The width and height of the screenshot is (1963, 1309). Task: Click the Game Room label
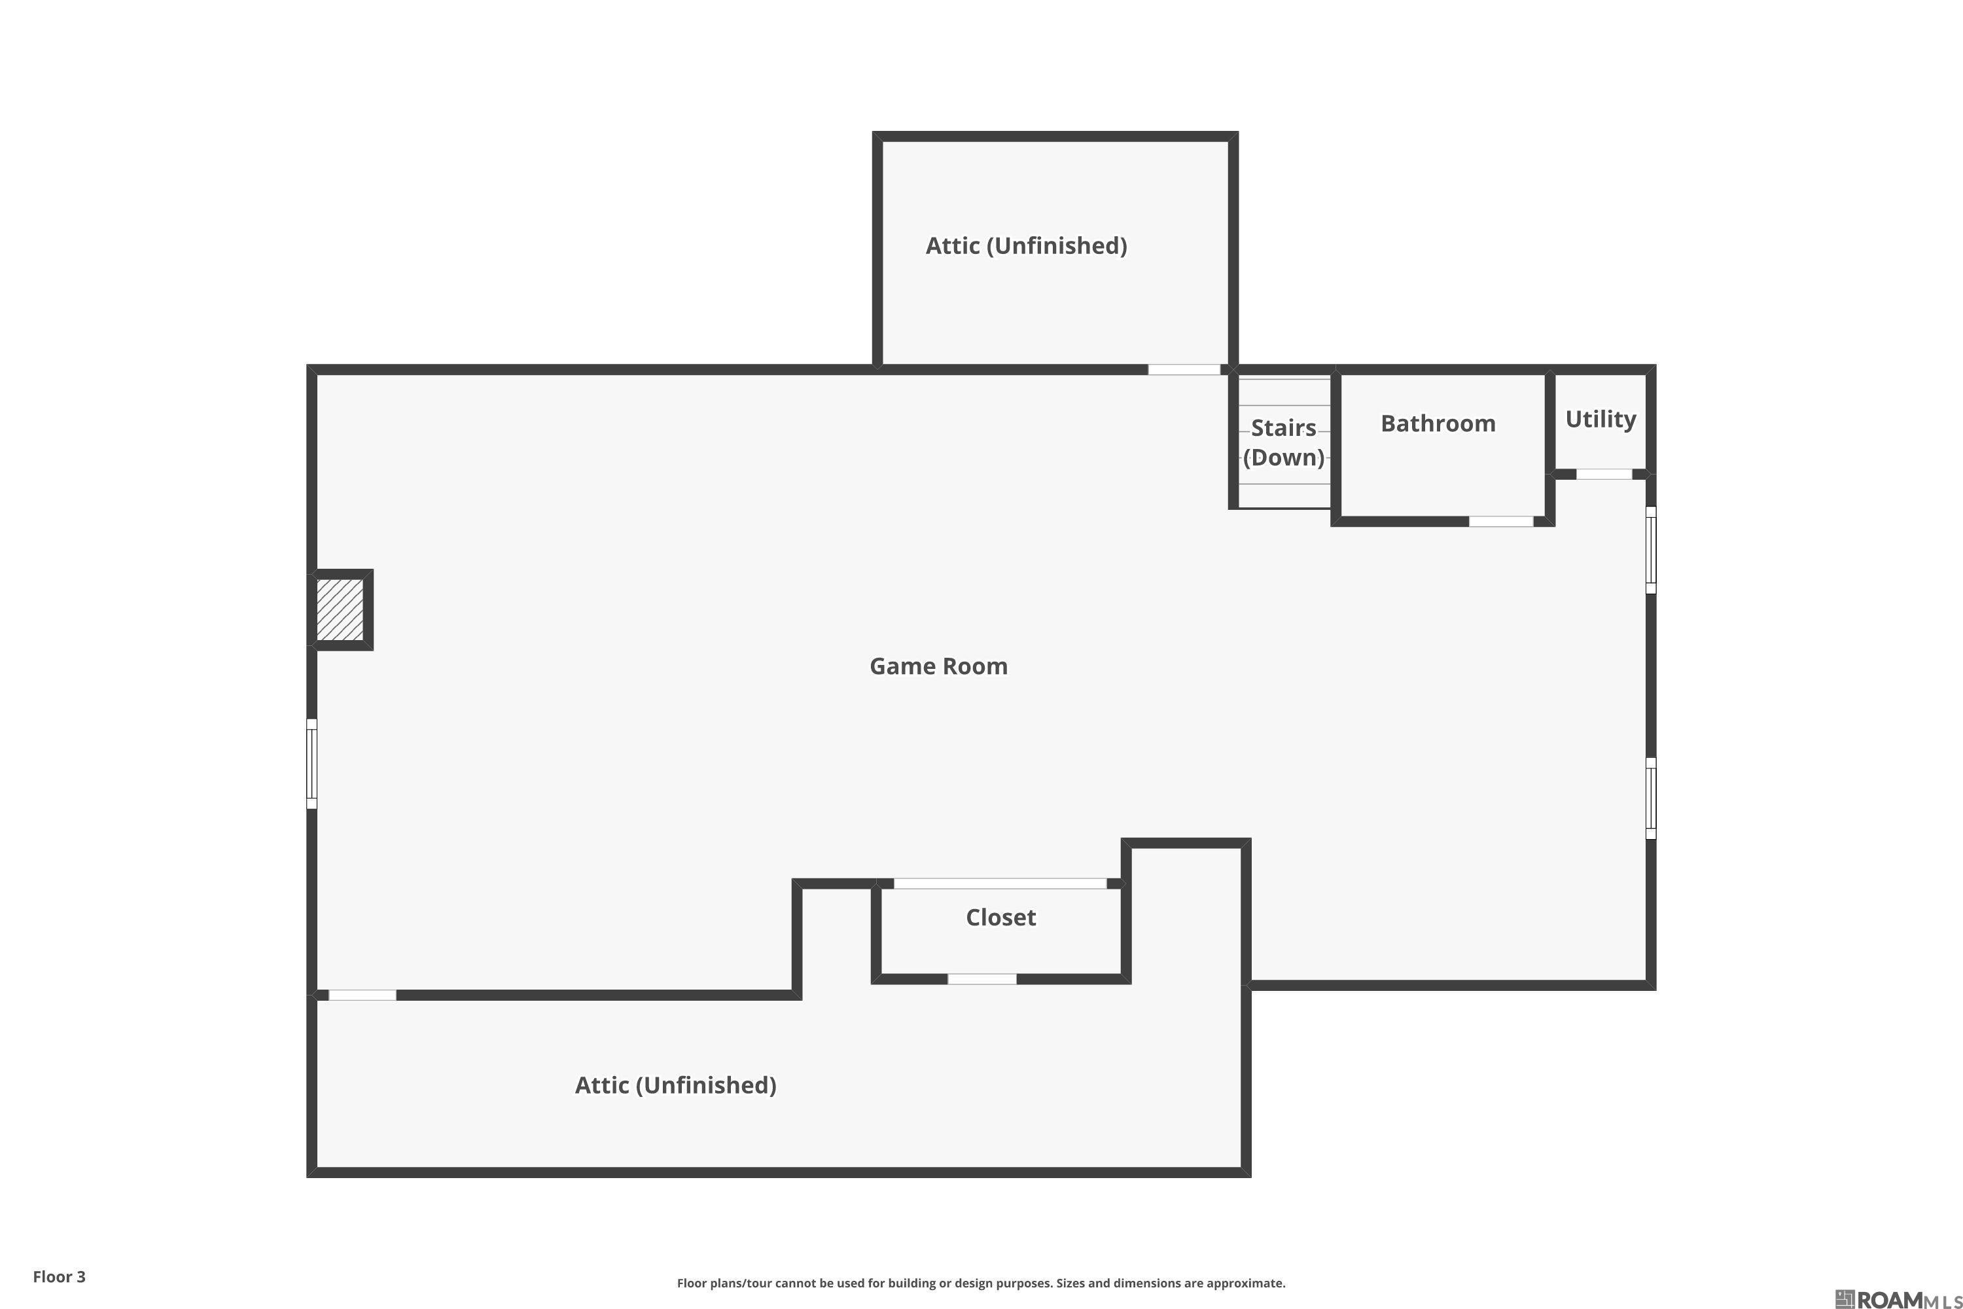click(938, 666)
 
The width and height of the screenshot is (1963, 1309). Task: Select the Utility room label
click(1600, 419)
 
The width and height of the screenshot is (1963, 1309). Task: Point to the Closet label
click(1000, 918)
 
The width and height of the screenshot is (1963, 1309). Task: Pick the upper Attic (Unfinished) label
click(1026, 245)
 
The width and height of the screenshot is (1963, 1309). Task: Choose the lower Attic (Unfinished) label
click(675, 1085)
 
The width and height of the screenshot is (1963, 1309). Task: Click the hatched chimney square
click(340, 609)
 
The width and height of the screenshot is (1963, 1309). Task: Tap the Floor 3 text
click(60, 1276)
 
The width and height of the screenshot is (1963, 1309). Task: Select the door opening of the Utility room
click(1603, 474)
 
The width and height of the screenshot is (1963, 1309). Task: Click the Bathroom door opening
click(1500, 522)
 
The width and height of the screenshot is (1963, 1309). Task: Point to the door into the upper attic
click(1184, 370)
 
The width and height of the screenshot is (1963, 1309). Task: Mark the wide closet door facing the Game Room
click(1000, 883)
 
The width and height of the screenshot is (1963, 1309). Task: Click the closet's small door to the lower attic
click(981, 979)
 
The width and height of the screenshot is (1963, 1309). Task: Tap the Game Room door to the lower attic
click(363, 995)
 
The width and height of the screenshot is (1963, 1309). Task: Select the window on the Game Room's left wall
click(312, 764)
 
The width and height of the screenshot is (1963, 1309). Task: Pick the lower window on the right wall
click(1650, 798)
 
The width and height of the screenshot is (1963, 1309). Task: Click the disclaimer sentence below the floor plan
click(981, 1283)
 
